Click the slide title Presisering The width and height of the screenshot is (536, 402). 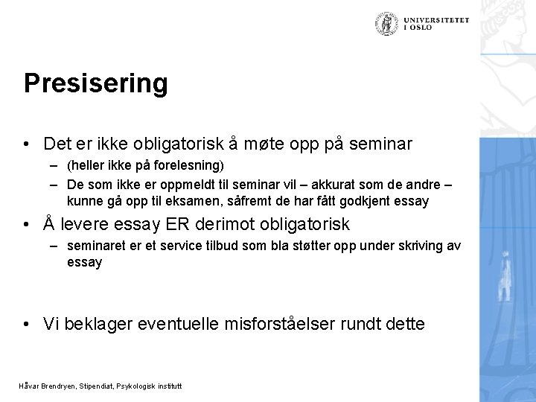tap(95, 83)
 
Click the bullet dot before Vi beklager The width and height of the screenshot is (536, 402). tap(28, 323)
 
